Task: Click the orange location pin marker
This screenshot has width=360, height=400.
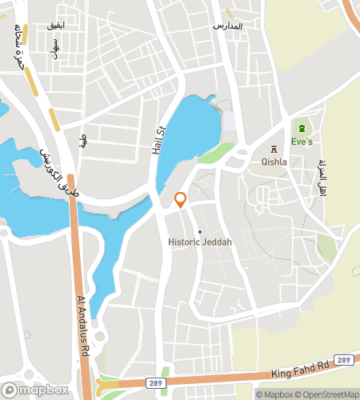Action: click(181, 200)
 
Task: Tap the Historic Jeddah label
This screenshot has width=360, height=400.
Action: click(200, 242)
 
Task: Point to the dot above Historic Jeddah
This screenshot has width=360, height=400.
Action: click(200, 232)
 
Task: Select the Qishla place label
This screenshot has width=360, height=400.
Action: click(274, 161)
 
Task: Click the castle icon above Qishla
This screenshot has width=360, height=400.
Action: click(274, 149)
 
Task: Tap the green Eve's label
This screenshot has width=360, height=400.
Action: click(301, 142)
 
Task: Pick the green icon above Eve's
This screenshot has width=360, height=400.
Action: click(302, 129)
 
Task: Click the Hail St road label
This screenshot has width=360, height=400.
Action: click(158, 139)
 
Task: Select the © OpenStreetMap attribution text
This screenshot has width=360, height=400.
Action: click(328, 394)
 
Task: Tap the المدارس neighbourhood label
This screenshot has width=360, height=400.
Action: click(226, 26)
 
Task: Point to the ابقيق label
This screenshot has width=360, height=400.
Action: click(56, 26)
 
